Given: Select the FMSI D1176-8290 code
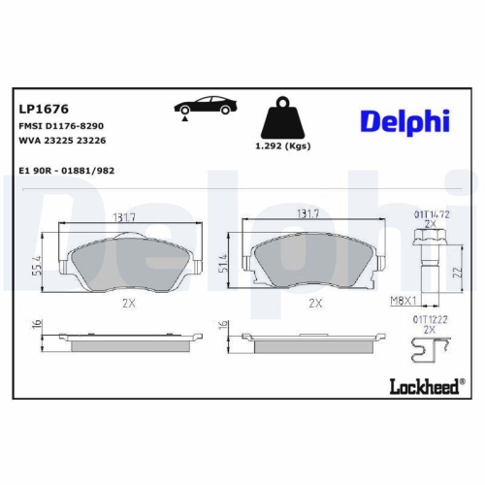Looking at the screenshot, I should tap(60, 127).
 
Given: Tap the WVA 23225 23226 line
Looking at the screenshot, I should tap(61, 141).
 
